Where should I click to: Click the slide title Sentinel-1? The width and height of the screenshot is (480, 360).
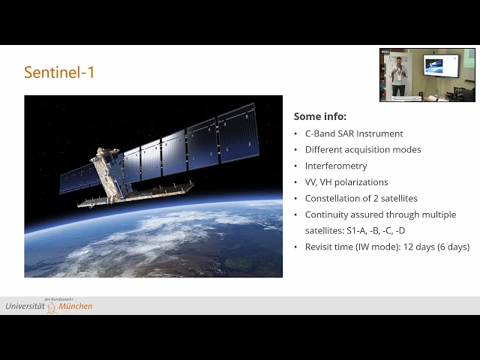pyautogui.click(x=59, y=73)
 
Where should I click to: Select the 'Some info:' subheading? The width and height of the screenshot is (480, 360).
pyautogui.click(x=319, y=116)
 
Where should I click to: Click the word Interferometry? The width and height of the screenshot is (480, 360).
pyautogui.click(x=335, y=166)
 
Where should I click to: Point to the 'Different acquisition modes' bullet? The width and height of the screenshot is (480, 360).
pyautogui.click(x=362, y=149)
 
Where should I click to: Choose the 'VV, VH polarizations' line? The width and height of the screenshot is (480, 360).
pyautogui.click(x=346, y=182)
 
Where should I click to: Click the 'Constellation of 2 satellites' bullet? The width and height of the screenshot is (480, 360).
pyautogui.click(x=361, y=199)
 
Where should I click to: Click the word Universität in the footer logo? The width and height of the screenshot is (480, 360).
pyautogui.click(x=25, y=306)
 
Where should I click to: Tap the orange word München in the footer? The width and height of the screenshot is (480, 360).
pyautogui.click(x=76, y=307)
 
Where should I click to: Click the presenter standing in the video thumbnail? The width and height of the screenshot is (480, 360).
pyautogui.click(x=399, y=76)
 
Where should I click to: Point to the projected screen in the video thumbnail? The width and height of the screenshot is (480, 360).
pyautogui.click(x=439, y=65)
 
